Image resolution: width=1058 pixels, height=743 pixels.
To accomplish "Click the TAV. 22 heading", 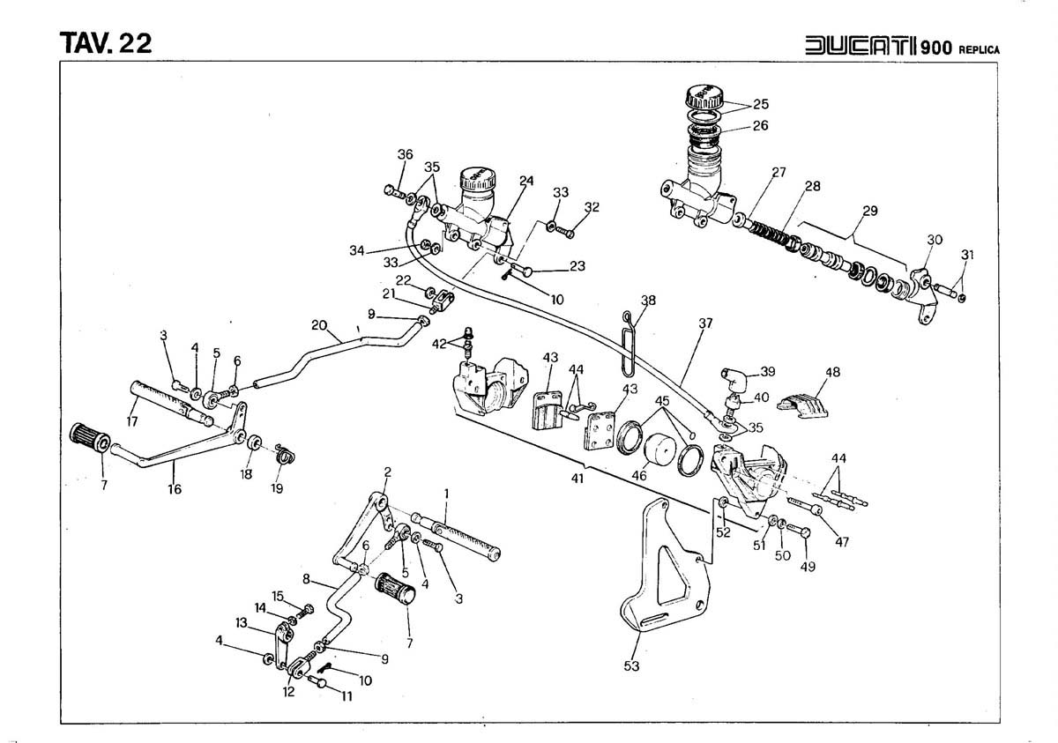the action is click(106, 43).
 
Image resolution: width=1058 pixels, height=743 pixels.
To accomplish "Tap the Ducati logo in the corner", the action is click(861, 45).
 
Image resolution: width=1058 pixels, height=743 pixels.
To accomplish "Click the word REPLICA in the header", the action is click(980, 50).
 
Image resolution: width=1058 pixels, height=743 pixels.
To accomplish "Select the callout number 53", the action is click(631, 666).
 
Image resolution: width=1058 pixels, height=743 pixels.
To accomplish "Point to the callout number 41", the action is click(577, 479).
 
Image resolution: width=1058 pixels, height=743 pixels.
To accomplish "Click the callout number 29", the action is click(870, 211).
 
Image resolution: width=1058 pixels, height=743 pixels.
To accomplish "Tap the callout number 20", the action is click(319, 325).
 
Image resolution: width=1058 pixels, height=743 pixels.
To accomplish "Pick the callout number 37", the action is click(705, 323).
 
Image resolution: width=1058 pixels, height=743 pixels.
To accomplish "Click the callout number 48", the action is click(832, 372).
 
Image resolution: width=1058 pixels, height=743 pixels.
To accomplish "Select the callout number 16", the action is click(175, 489).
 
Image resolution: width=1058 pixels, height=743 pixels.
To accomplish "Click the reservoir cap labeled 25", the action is click(704, 97).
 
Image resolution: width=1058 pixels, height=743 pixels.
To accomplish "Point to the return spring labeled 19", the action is click(286, 454).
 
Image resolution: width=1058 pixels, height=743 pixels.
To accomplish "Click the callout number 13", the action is click(242, 622).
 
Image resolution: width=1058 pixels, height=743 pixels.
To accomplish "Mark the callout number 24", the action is click(526, 181).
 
